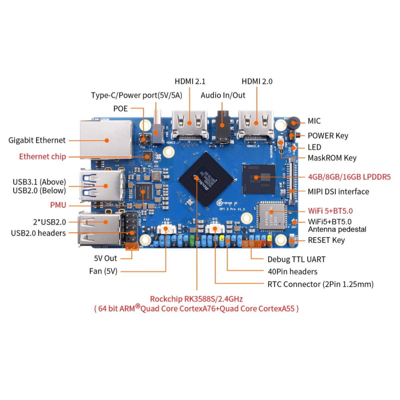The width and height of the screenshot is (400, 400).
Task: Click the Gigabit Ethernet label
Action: (37, 140)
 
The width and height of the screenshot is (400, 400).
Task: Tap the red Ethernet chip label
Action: (42, 156)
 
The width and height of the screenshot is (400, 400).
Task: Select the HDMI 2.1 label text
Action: (190, 81)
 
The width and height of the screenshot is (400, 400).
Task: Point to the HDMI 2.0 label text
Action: (257, 81)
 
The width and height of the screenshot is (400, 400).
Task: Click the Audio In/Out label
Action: (223, 96)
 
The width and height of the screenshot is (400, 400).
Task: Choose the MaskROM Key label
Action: (332, 158)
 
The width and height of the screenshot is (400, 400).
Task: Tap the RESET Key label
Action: (326, 240)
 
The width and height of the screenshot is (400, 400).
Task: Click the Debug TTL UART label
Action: (296, 259)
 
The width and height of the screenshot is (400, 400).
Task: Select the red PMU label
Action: (58, 205)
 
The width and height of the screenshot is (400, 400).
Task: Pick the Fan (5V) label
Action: (103, 271)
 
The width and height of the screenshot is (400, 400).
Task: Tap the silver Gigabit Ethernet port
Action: (106, 139)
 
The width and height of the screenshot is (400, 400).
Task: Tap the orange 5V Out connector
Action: (132, 246)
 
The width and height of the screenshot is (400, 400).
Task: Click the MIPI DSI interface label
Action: (338, 192)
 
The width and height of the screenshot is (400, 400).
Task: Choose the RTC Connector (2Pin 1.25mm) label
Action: (320, 284)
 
